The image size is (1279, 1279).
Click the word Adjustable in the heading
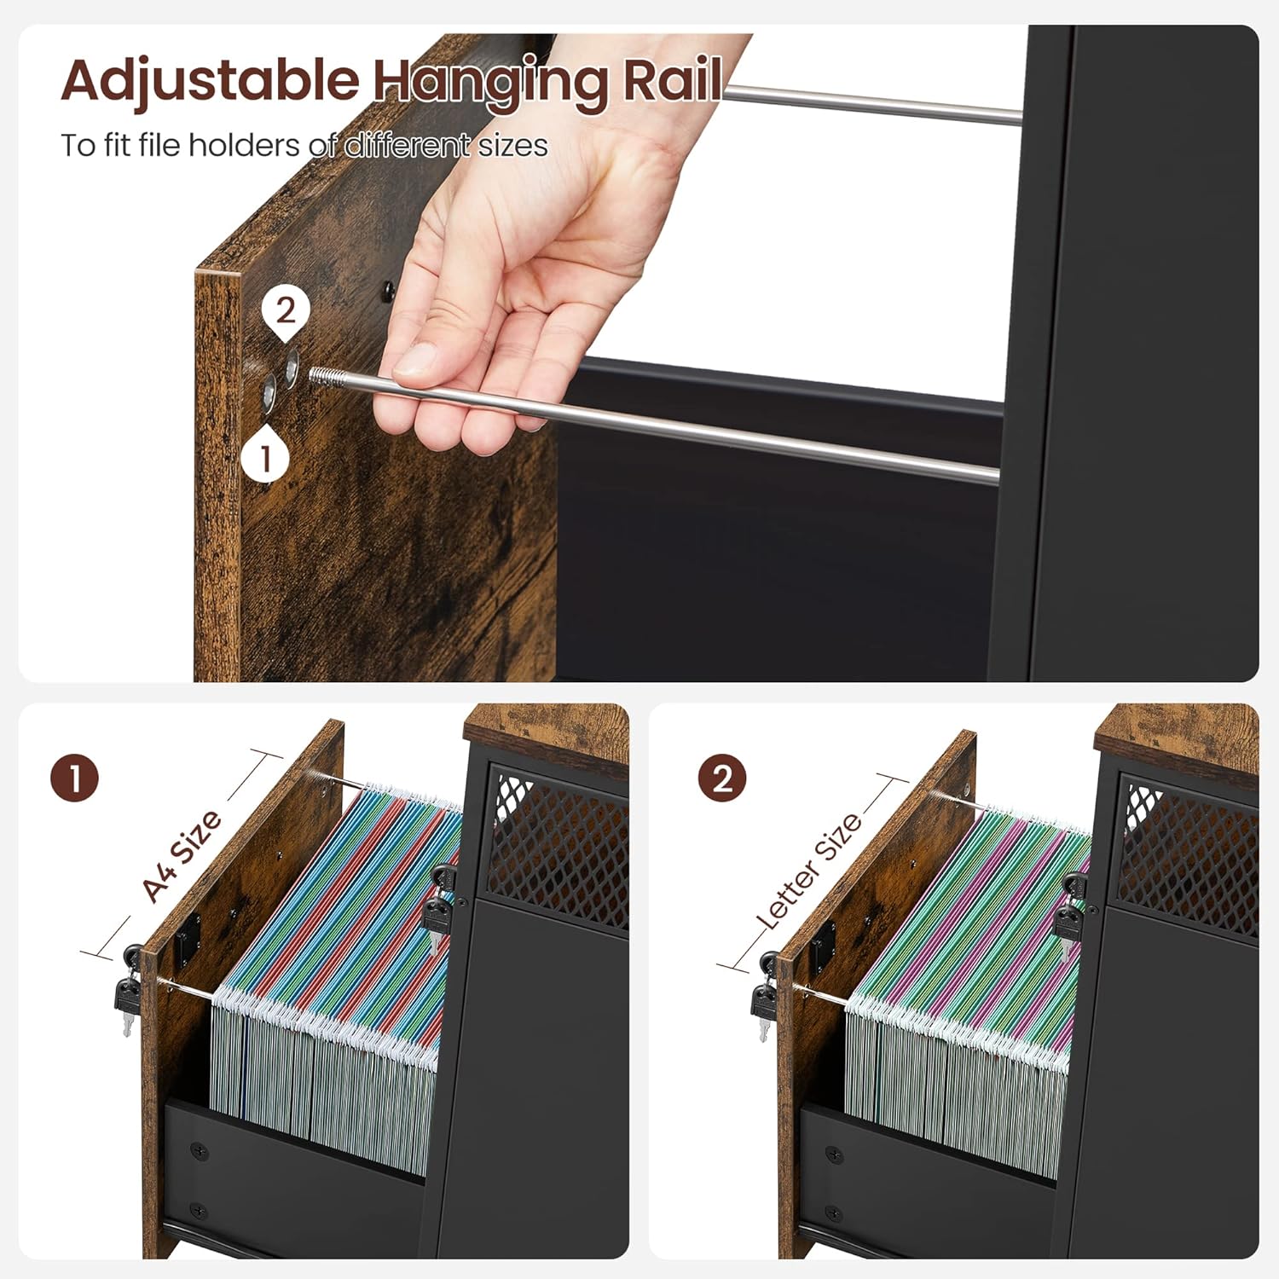(210, 82)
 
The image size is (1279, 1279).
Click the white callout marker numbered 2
(286, 311)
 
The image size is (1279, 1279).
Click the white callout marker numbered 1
(265, 458)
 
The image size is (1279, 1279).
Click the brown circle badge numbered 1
(75, 778)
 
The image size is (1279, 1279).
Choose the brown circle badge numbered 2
(722, 778)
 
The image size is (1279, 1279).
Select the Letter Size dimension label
(810, 871)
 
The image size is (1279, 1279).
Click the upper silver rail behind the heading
(870, 106)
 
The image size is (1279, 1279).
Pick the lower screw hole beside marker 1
(269, 391)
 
